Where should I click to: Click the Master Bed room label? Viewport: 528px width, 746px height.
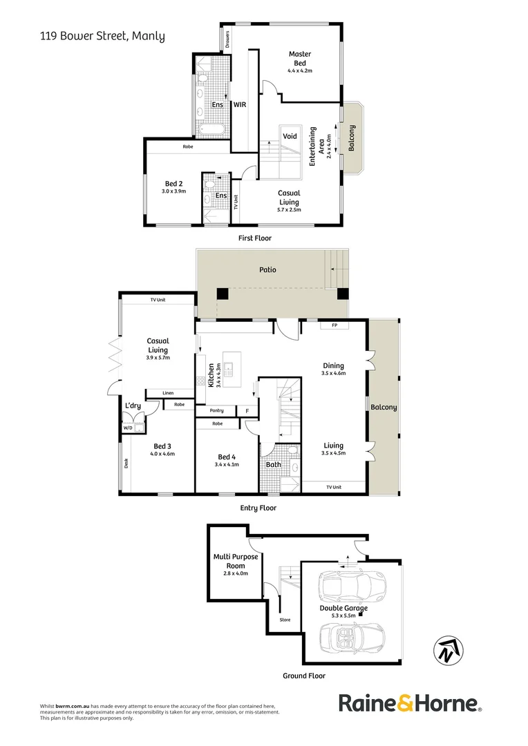tap(299, 58)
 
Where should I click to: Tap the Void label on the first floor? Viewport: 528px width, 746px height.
tap(290, 136)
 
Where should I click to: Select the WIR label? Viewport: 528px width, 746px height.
tap(240, 105)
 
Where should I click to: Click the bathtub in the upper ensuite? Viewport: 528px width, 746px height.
tap(211, 130)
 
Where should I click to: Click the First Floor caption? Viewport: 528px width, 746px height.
tap(254, 238)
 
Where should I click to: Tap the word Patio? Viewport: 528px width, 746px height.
tap(267, 269)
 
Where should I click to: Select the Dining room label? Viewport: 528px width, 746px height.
tap(333, 366)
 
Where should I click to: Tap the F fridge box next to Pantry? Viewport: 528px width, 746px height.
tap(247, 411)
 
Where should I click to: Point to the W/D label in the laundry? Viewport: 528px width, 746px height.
tap(128, 428)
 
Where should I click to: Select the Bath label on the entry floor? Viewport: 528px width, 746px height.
tap(274, 464)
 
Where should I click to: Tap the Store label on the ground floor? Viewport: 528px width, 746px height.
tap(285, 620)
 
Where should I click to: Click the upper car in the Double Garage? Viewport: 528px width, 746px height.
tap(351, 586)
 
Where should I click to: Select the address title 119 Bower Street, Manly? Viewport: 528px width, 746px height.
tap(102, 36)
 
